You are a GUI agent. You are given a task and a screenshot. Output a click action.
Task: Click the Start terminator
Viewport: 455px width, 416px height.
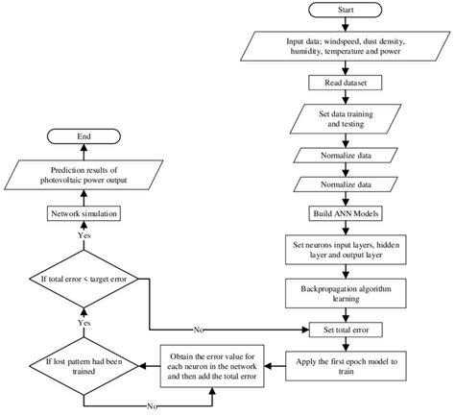click(346, 10)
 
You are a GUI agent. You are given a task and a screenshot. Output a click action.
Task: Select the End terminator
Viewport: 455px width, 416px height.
click(84, 136)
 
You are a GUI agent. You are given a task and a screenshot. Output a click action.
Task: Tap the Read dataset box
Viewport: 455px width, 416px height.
click(346, 83)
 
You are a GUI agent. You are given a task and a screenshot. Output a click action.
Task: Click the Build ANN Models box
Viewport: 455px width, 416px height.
click(346, 213)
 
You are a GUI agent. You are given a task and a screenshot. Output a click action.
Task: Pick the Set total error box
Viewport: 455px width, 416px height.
click(346, 330)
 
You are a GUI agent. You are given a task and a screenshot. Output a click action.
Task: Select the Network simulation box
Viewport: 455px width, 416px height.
click(84, 213)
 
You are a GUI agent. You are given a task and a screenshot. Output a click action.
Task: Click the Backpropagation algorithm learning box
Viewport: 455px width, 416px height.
click(346, 293)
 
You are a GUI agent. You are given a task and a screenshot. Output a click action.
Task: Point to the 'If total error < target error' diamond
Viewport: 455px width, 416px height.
click(84, 279)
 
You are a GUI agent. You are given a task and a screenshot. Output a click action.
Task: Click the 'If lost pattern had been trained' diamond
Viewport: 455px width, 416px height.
click(84, 366)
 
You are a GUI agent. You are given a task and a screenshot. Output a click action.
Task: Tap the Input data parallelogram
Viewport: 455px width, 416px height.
click(346, 46)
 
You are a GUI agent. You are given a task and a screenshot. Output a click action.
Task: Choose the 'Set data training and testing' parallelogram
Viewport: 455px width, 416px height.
click(346, 119)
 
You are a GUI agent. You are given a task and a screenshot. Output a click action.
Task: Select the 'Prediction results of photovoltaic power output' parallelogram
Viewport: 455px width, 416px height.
click(84, 175)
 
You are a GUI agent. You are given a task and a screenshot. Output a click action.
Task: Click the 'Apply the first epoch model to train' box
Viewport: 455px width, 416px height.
click(346, 366)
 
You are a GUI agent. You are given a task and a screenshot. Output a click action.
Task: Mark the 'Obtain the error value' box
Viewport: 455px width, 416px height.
click(212, 366)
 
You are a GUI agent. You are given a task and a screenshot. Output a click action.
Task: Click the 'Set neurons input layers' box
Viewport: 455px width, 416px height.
click(346, 250)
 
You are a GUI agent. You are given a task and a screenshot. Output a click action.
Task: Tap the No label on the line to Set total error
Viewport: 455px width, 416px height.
click(199, 330)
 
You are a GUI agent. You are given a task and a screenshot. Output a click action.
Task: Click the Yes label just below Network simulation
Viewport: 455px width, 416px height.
click(84, 235)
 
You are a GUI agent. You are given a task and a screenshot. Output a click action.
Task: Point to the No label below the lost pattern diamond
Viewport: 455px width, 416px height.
click(152, 406)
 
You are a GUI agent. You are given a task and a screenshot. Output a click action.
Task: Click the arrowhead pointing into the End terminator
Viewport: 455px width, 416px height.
click(84, 147)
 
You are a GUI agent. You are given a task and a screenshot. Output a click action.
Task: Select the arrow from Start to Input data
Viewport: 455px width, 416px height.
click(346, 24)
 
